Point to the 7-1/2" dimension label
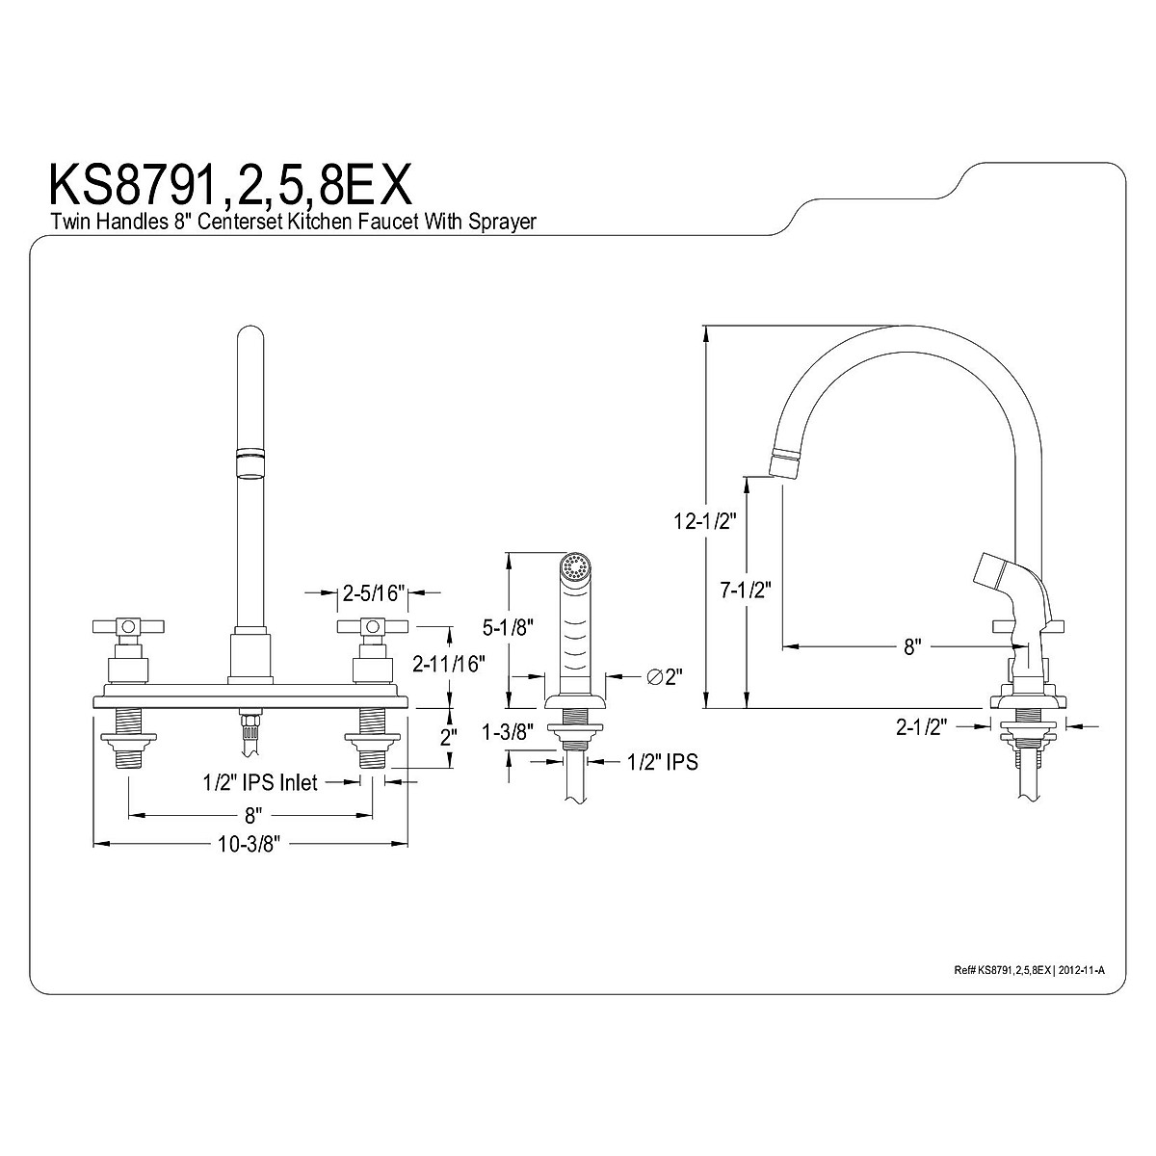[747, 590]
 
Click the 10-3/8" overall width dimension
[250, 845]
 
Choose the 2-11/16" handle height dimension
[448, 663]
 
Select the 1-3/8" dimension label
[510, 731]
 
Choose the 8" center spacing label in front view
[251, 816]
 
